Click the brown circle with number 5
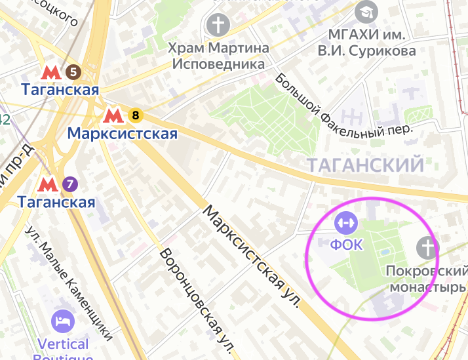point(73,71)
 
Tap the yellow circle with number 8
point(136,116)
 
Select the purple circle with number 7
point(70,184)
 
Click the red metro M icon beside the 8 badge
point(113,117)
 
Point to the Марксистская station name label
point(123,134)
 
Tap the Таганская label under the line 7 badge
point(57,202)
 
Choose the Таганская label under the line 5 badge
point(60,89)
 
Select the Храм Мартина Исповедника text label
point(218,56)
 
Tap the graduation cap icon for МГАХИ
point(365,12)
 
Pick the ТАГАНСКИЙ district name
point(366,165)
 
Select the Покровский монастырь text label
point(427,279)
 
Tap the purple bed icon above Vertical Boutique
point(64,321)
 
